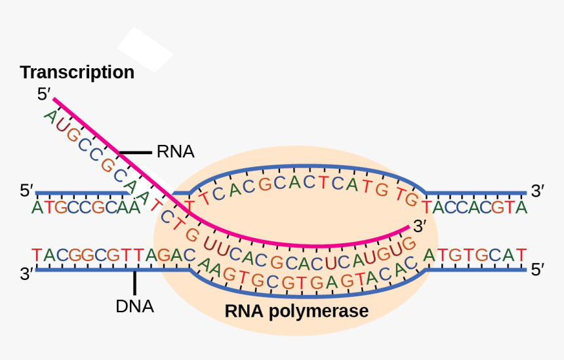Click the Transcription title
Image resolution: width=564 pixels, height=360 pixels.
coord(77,72)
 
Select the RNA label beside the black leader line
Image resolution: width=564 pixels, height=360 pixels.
coord(175,152)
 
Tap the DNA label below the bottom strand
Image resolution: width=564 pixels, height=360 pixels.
coord(134,306)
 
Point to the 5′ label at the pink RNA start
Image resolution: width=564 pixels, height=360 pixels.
coord(44,94)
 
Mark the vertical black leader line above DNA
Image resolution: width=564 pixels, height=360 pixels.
coord(135,283)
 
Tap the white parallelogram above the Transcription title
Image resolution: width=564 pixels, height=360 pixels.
coord(145,49)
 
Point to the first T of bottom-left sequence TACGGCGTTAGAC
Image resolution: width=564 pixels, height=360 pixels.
coord(37,254)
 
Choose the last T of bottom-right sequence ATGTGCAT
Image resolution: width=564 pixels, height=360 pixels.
coord(521,254)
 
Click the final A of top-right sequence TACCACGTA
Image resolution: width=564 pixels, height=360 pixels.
coord(521,208)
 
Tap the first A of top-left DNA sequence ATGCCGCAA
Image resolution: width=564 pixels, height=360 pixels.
coord(37,208)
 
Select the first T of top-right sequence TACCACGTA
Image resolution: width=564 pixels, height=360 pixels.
coord(428,208)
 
